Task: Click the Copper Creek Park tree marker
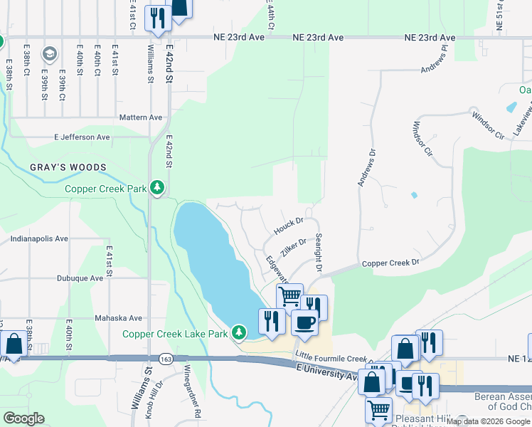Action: [157, 189]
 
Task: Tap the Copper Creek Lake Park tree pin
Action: [240, 332]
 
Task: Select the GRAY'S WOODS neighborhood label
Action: [68, 168]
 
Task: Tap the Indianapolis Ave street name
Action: [33, 239]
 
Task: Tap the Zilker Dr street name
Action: [293, 247]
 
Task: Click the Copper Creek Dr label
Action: [390, 263]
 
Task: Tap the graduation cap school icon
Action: [49, 53]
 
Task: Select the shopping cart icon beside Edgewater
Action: [289, 295]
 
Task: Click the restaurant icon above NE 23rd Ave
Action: [157, 17]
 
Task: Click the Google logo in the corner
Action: [24, 419]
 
